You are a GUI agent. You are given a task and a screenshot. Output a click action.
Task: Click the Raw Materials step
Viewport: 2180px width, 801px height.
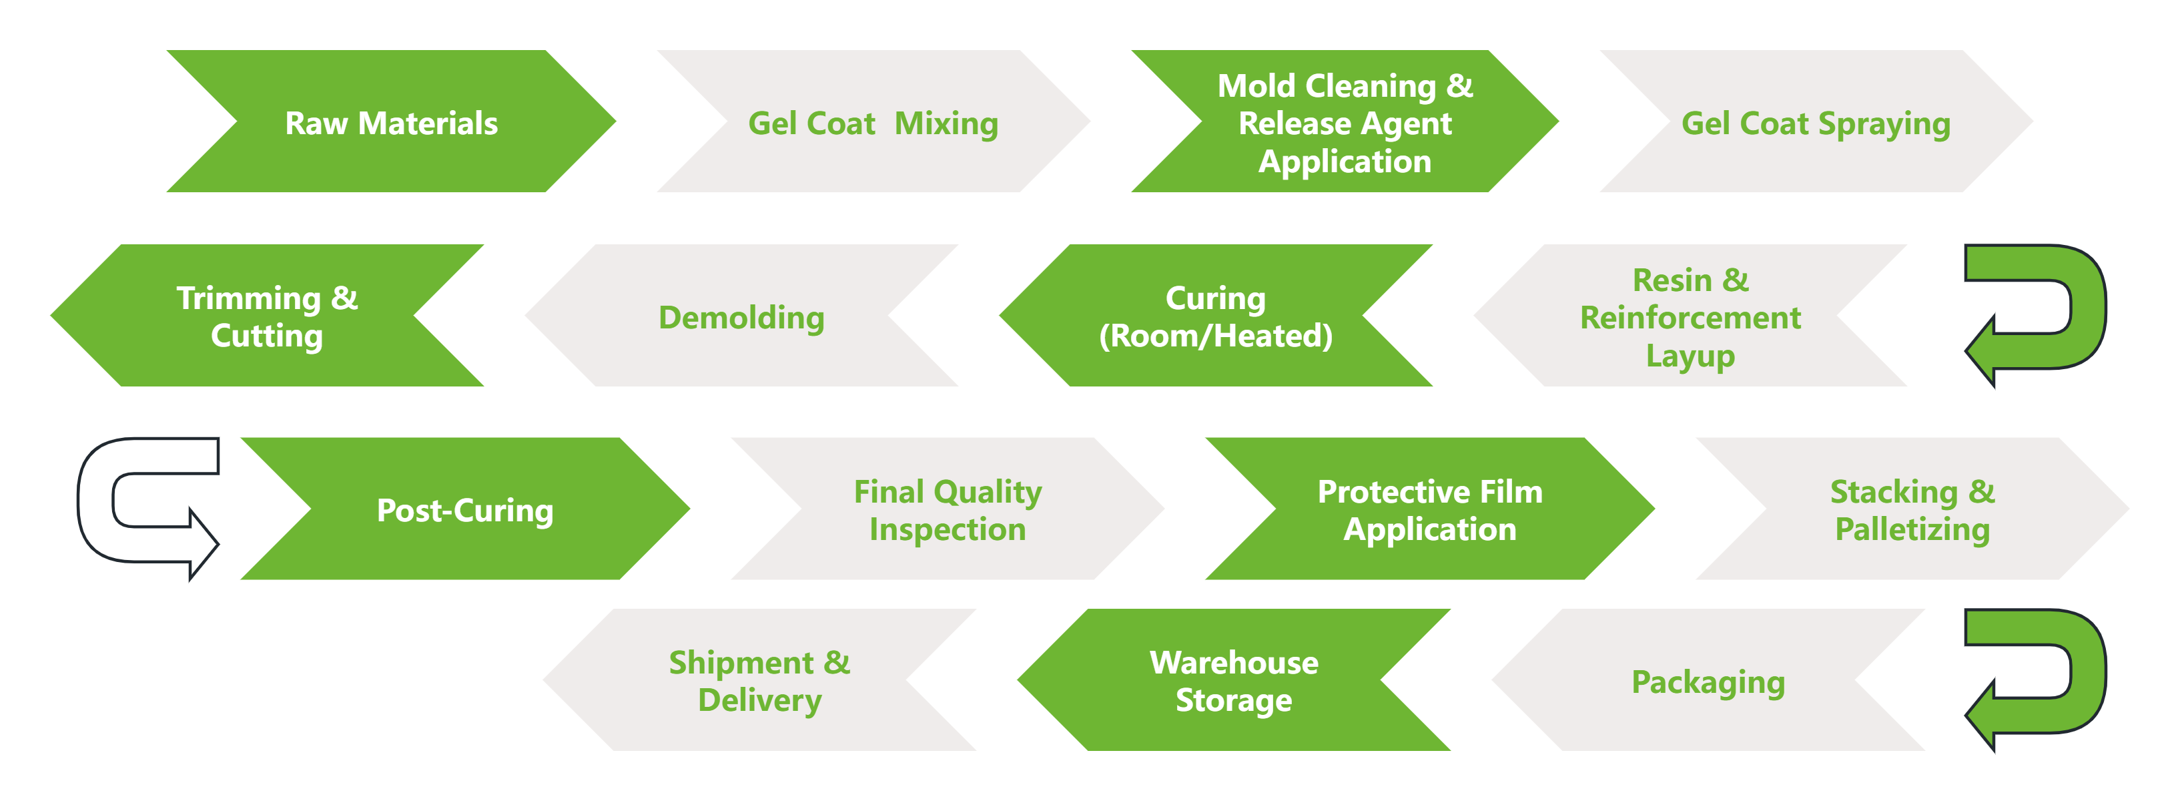(x=391, y=123)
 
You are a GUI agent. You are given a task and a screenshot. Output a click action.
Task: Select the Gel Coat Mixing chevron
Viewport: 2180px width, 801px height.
(x=873, y=123)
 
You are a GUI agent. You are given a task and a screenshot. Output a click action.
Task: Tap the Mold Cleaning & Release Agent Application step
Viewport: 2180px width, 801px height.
(x=1345, y=123)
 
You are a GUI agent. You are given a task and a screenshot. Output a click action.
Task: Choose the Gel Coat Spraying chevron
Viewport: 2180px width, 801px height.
(x=1815, y=123)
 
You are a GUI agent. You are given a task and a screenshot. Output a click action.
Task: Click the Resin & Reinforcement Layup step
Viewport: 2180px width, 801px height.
(x=1690, y=316)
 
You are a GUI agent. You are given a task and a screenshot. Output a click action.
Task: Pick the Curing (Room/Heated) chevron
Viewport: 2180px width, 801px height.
(x=1215, y=316)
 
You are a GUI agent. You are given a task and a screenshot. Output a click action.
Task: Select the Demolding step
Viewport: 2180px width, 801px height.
(x=741, y=316)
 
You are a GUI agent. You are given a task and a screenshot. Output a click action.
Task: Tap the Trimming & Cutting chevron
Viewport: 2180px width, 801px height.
(x=266, y=316)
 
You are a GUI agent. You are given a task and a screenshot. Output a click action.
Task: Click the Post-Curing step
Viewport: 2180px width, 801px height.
(x=464, y=510)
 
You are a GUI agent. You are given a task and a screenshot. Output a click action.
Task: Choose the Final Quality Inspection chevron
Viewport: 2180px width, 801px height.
(x=947, y=510)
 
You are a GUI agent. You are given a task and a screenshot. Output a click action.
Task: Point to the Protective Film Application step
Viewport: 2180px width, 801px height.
(x=1429, y=510)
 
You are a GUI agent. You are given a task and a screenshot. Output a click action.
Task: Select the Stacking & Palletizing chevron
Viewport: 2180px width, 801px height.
(x=1912, y=510)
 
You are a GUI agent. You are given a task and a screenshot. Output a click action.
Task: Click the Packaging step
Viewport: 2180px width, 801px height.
(x=1708, y=681)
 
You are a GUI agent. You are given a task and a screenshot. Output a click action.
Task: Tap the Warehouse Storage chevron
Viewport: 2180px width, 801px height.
(x=1233, y=681)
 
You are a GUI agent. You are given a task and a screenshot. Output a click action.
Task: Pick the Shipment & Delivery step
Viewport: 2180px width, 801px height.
(x=759, y=681)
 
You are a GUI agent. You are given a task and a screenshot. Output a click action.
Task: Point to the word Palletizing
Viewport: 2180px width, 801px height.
(x=1912, y=529)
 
